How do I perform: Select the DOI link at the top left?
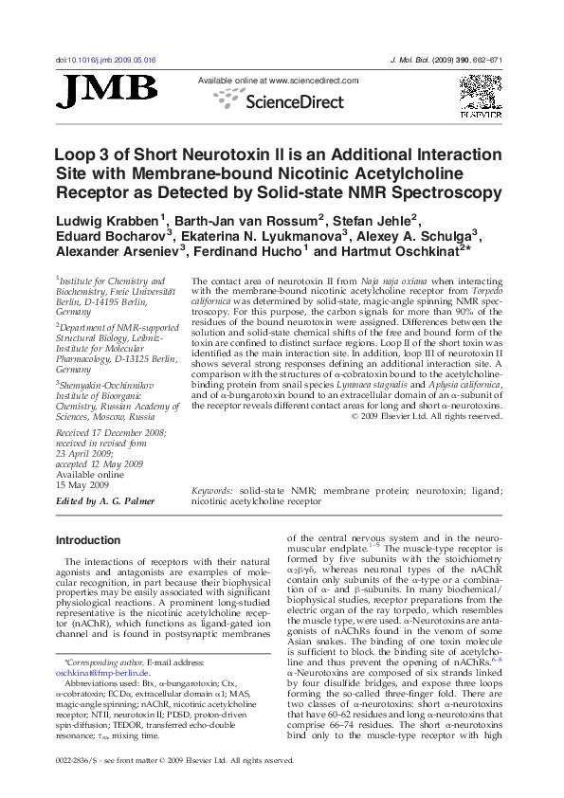coord(105,60)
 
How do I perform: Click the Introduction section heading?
coord(88,540)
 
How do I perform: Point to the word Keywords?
coord(212,491)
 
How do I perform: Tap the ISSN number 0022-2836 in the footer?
coord(78,760)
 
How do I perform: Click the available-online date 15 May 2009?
coord(83,485)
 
